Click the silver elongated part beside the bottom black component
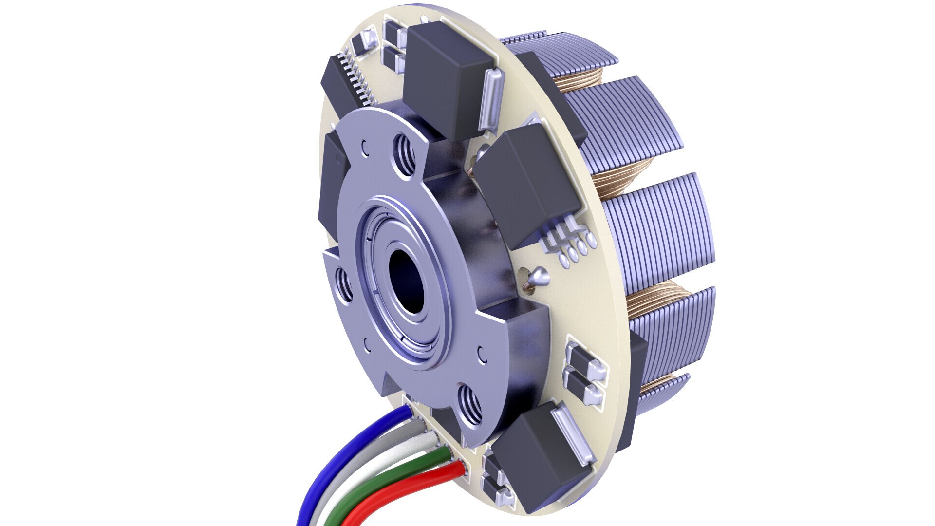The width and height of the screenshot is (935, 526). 575,436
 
